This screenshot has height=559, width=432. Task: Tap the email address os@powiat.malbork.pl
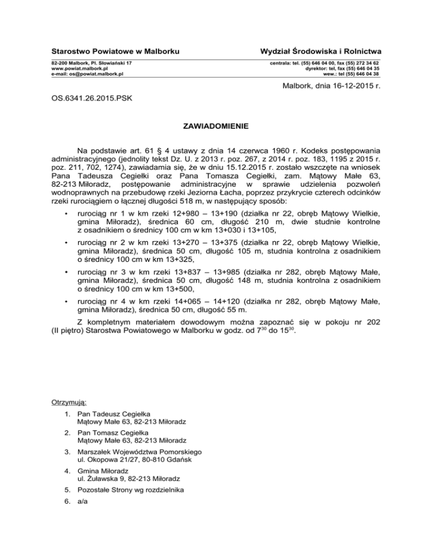click(x=88, y=74)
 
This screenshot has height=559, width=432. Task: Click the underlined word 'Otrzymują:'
click(x=69, y=403)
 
